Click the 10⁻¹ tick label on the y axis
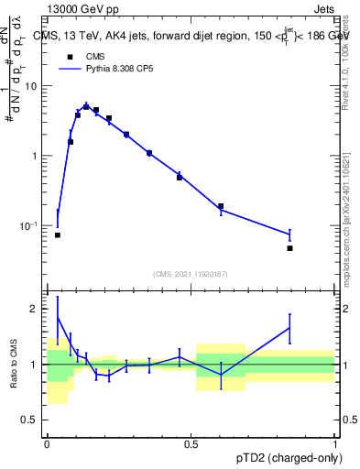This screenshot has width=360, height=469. point(27,225)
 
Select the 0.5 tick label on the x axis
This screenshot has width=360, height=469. point(191,444)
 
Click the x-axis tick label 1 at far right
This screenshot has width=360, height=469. point(335,444)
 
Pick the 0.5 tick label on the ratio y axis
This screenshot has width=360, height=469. point(30,421)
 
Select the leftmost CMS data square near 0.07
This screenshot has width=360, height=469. point(57,235)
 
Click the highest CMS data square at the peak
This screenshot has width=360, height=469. point(86,107)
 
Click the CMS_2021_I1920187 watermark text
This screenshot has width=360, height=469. point(191,274)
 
